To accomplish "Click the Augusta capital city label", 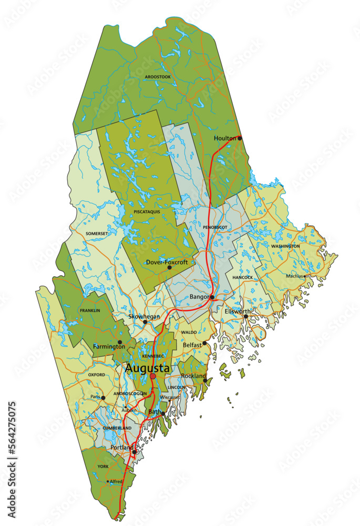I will (147, 369).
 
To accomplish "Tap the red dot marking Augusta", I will (153, 377).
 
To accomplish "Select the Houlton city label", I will (225, 138).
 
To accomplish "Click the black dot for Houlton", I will (240, 138).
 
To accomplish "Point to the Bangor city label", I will (199, 297).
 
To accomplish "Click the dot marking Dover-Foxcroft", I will (169, 268).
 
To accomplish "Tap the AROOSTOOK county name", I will (158, 77).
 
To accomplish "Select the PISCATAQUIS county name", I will (147, 211).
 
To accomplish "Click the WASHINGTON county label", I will (285, 246).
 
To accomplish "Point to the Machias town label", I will (294, 276).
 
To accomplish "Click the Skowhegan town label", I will (144, 317).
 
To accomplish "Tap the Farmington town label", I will (109, 347).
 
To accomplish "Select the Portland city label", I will (121, 448).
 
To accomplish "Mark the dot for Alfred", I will (108, 481).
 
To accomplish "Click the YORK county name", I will (103, 466).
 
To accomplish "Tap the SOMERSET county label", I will (96, 233).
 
